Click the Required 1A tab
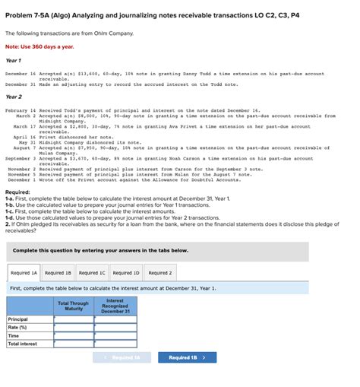(x=24, y=272)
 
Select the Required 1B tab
(x=58, y=272)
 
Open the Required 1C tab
(x=93, y=272)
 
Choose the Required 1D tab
(x=126, y=272)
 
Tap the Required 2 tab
(x=159, y=272)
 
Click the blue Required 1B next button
(x=186, y=357)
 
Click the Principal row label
(x=18, y=319)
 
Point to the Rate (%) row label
(x=18, y=327)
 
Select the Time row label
(x=14, y=335)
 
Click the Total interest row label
(x=22, y=344)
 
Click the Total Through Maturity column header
(x=74, y=306)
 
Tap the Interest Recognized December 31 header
(x=115, y=306)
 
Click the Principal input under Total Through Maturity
(x=74, y=319)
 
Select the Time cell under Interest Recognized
(x=115, y=335)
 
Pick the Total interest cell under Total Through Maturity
(x=74, y=344)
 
